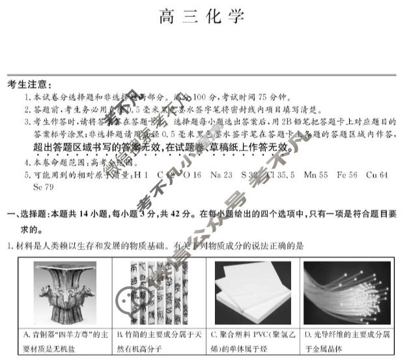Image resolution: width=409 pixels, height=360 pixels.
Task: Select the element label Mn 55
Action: click(316, 175)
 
